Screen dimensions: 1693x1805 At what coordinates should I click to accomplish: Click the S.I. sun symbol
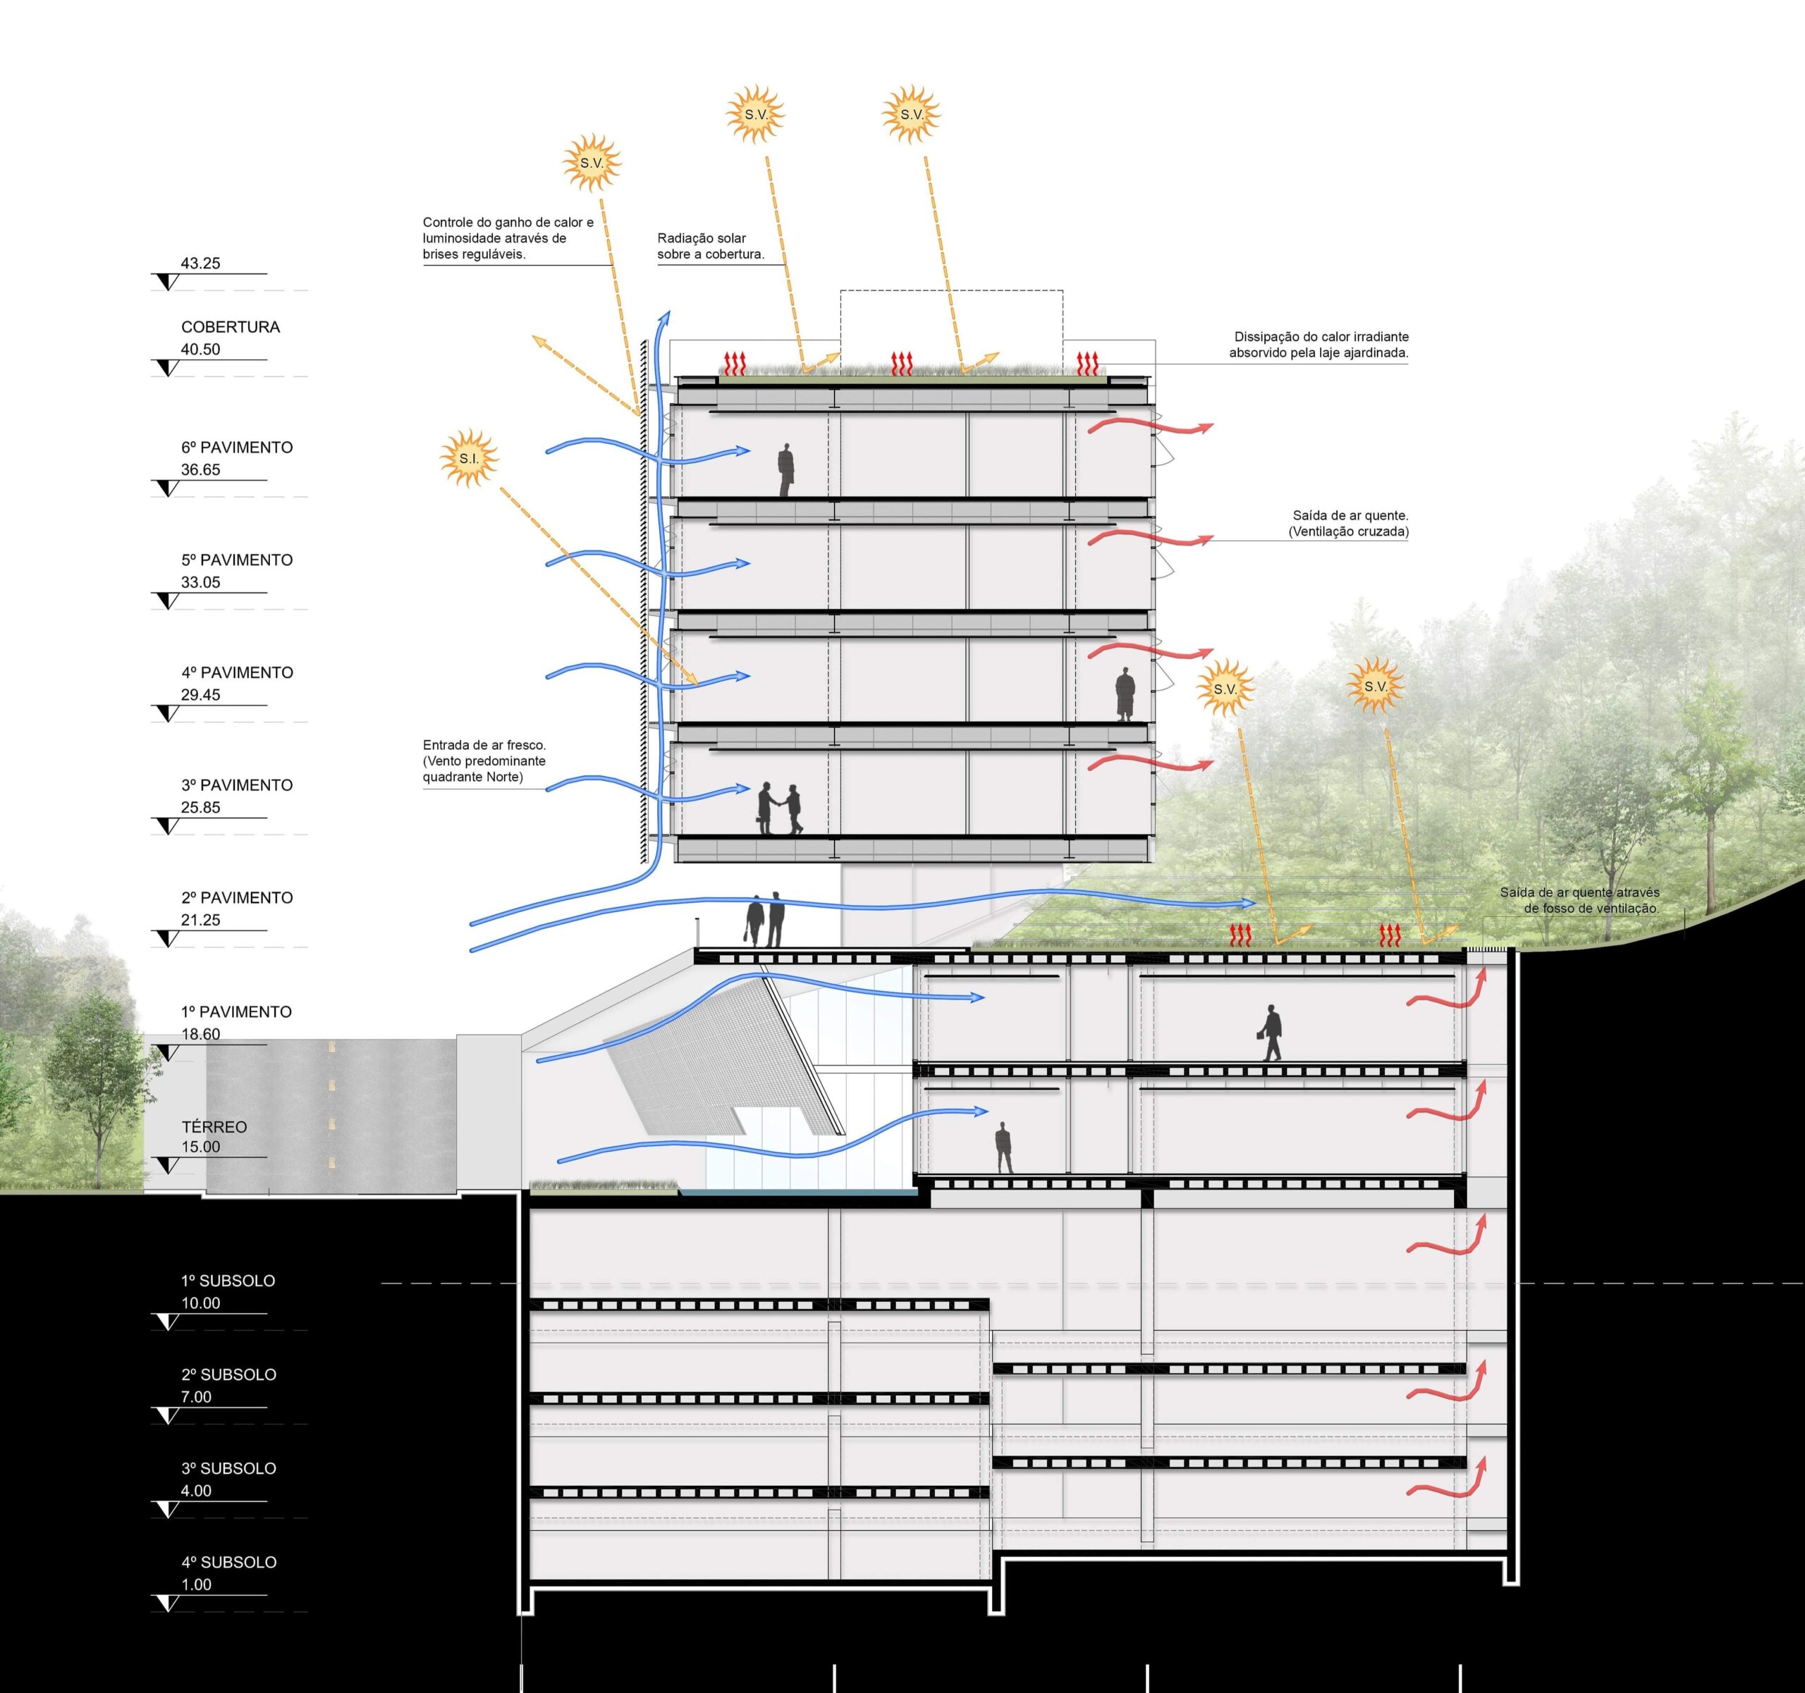468,458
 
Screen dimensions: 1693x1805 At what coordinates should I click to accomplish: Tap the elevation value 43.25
201,264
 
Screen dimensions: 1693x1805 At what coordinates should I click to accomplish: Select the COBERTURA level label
231,327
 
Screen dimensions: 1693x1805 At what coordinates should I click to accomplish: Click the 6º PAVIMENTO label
237,448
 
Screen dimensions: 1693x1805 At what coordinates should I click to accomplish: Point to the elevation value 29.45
201,694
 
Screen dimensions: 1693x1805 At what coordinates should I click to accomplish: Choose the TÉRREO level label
214,1126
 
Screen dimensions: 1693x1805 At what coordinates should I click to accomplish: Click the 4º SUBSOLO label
229,1561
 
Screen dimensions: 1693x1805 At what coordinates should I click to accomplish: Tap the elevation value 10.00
201,1303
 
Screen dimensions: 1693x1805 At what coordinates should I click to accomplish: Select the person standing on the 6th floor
785,469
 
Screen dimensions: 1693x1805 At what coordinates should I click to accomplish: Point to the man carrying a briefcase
1271,1032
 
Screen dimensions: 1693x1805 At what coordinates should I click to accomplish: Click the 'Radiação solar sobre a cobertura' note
710,246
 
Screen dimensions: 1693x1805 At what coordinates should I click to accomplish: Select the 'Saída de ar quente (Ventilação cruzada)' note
1348,524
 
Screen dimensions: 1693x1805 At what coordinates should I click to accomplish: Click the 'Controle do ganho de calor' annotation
508,238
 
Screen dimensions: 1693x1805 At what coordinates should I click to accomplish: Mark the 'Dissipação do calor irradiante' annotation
1318,344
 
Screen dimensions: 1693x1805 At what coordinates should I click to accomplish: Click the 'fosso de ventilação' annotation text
1580,901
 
